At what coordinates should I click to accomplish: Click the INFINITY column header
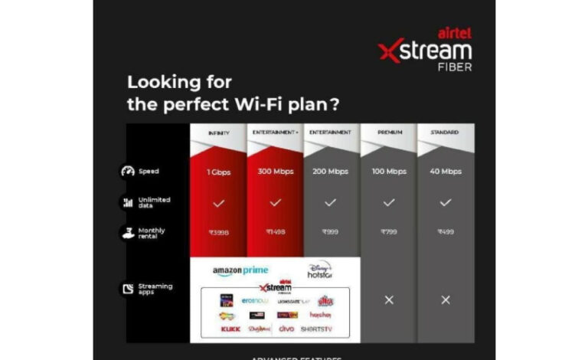click(219, 133)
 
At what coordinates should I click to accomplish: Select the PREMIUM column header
click(389, 133)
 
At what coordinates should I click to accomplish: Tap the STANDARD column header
click(445, 133)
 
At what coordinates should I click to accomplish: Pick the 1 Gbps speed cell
click(219, 172)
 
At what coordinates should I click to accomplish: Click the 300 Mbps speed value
click(276, 172)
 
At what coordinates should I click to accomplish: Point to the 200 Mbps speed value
click(331, 172)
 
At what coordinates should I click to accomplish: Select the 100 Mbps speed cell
click(389, 172)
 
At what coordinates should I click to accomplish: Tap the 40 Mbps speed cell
click(445, 172)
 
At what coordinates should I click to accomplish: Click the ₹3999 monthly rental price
click(219, 231)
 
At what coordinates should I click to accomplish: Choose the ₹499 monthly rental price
click(445, 231)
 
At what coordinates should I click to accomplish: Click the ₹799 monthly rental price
click(389, 231)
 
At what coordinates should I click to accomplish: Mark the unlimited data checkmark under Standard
click(445, 203)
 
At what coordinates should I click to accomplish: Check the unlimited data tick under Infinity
click(219, 203)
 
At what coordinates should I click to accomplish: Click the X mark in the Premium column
click(389, 299)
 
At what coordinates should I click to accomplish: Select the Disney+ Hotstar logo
click(319, 270)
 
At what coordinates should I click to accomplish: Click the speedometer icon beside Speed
click(128, 172)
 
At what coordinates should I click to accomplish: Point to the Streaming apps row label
click(155, 290)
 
